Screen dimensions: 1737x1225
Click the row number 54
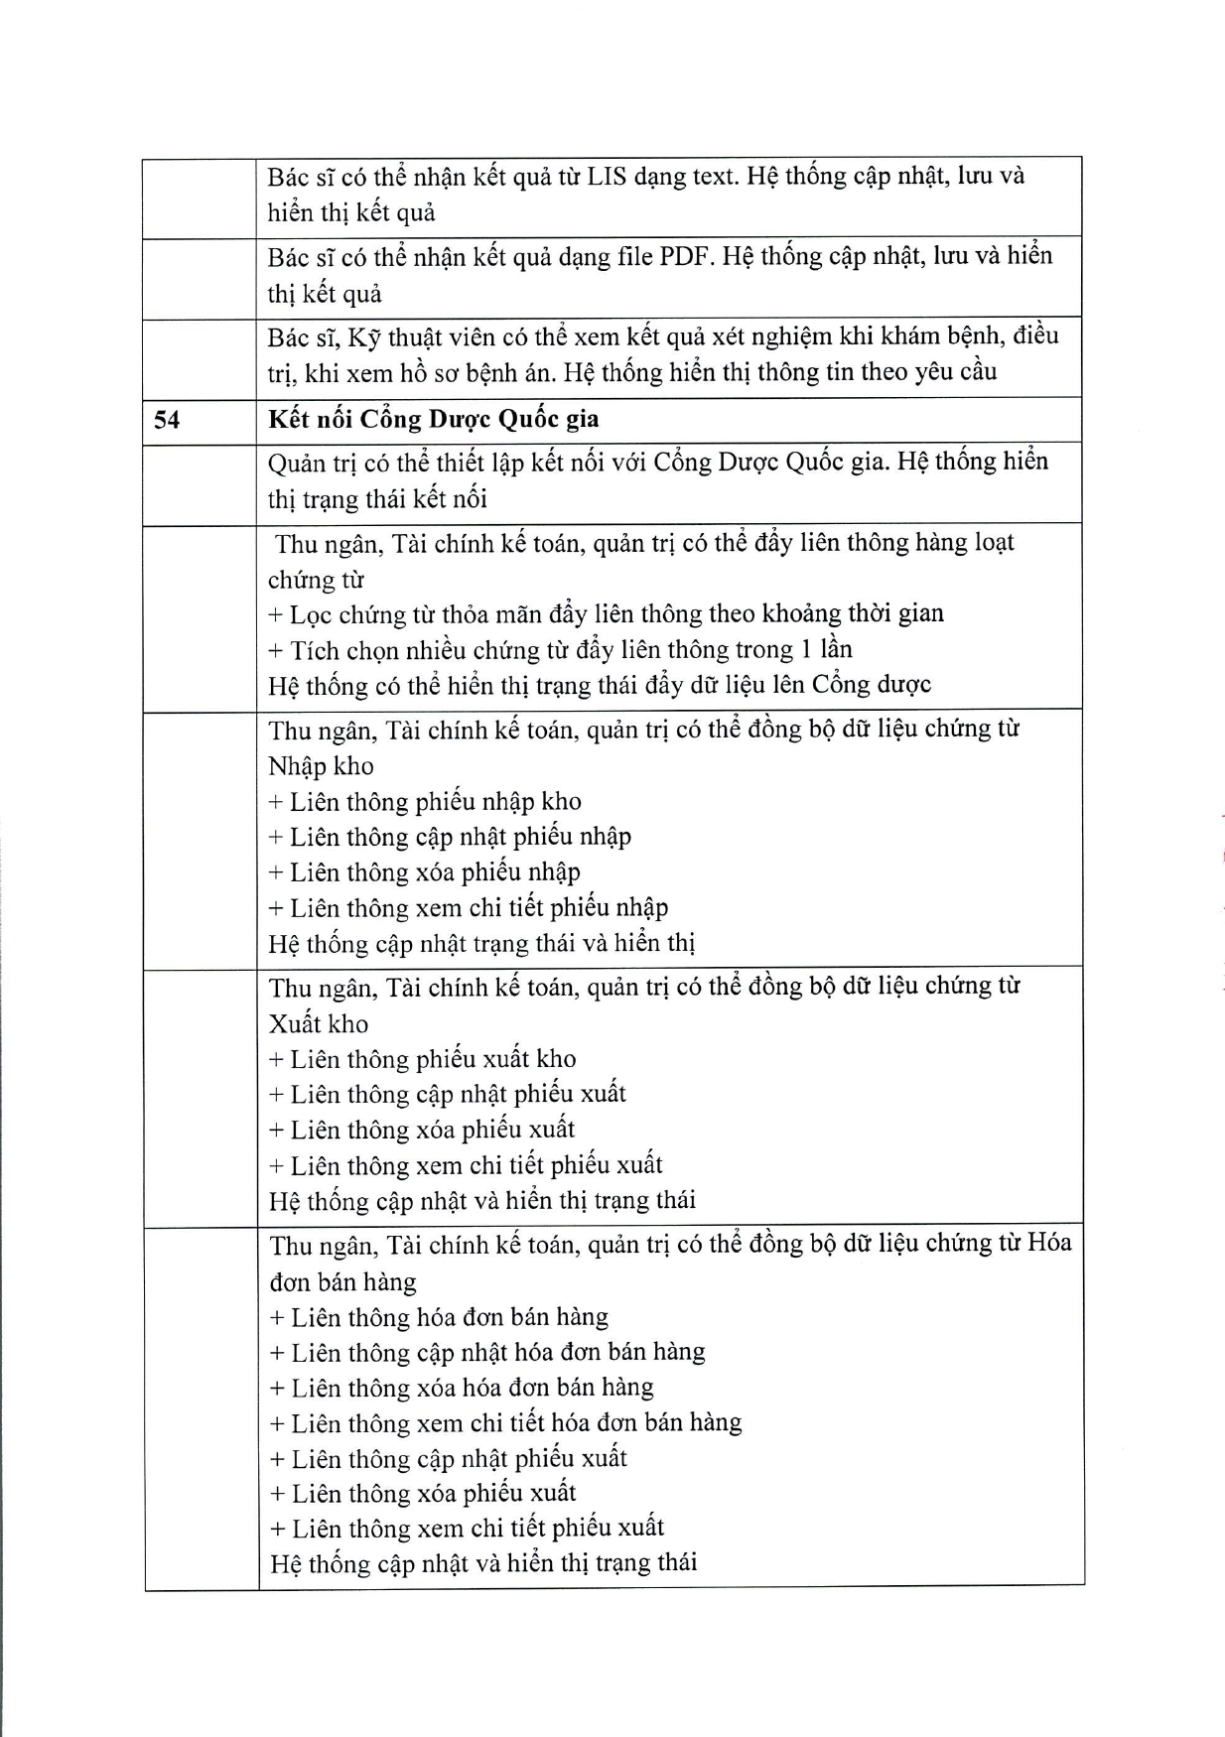pyautogui.click(x=167, y=420)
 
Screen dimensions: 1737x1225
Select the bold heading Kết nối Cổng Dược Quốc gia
pyautogui.click(x=433, y=419)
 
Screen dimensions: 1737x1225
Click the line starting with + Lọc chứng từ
pyautogui.click(x=606, y=614)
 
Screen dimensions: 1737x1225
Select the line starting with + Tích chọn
pyautogui.click(x=560, y=650)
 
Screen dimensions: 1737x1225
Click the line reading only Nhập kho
pyautogui.click(x=321, y=766)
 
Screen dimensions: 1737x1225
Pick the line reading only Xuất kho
pyautogui.click(x=319, y=1023)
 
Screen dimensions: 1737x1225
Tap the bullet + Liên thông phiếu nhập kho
pyautogui.click(x=425, y=802)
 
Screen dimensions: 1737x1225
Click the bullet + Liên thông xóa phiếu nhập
pyautogui.click(x=424, y=872)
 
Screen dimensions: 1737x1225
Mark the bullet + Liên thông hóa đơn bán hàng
pyautogui.click(x=439, y=1317)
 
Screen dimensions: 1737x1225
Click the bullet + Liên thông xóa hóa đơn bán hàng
pyautogui.click(x=462, y=1388)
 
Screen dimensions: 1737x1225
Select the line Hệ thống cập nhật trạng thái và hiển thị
pyautogui.click(x=481, y=943)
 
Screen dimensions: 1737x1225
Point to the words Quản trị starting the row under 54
pyautogui.click(x=312, y=463)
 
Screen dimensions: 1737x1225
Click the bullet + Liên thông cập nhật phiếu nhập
pyautogui.click(x=450, y=837)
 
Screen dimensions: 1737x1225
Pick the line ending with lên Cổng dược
pyautogui.click(x=600, y=685)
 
